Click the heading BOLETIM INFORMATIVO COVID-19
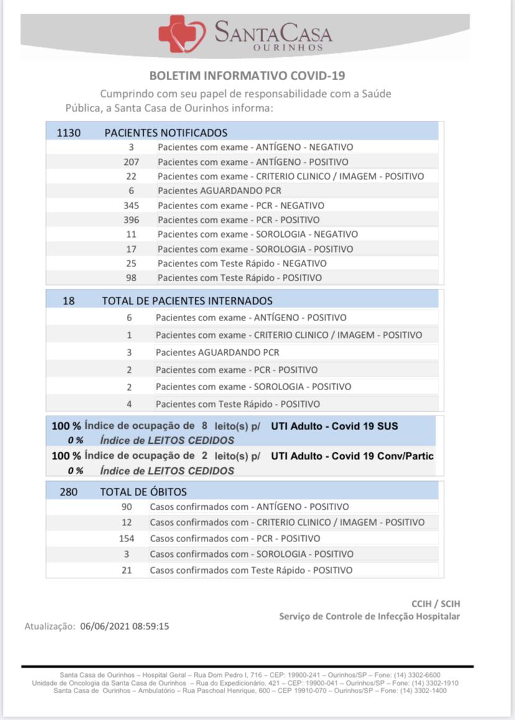pos(247,76)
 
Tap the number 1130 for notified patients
pos(68,133)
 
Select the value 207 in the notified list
pos(131,162)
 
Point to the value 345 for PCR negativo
pos(131,205)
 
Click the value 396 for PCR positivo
pos(131,220)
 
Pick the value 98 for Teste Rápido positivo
pos(131,278)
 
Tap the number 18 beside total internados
pos(68,301)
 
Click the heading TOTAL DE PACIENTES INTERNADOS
pos(187,301)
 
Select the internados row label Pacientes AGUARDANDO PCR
pos(217,352)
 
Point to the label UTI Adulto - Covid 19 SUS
pos(334,426)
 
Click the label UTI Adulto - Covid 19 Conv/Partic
pos(352,456)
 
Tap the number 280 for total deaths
pos(68,492)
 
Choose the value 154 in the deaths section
pos(127,538)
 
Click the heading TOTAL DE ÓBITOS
pos(143,492)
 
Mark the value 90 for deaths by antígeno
pos(127,507)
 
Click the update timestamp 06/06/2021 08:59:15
pos(125,627)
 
